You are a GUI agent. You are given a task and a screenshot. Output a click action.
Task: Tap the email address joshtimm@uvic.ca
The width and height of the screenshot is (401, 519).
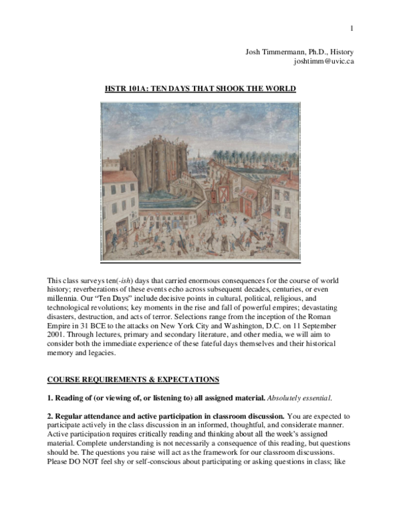tap(323, 61)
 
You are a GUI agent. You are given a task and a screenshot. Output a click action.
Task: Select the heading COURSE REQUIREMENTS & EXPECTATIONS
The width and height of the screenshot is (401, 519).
tap(132, 380)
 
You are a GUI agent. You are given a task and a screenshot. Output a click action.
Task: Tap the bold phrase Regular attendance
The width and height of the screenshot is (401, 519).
tap(86, 415)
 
